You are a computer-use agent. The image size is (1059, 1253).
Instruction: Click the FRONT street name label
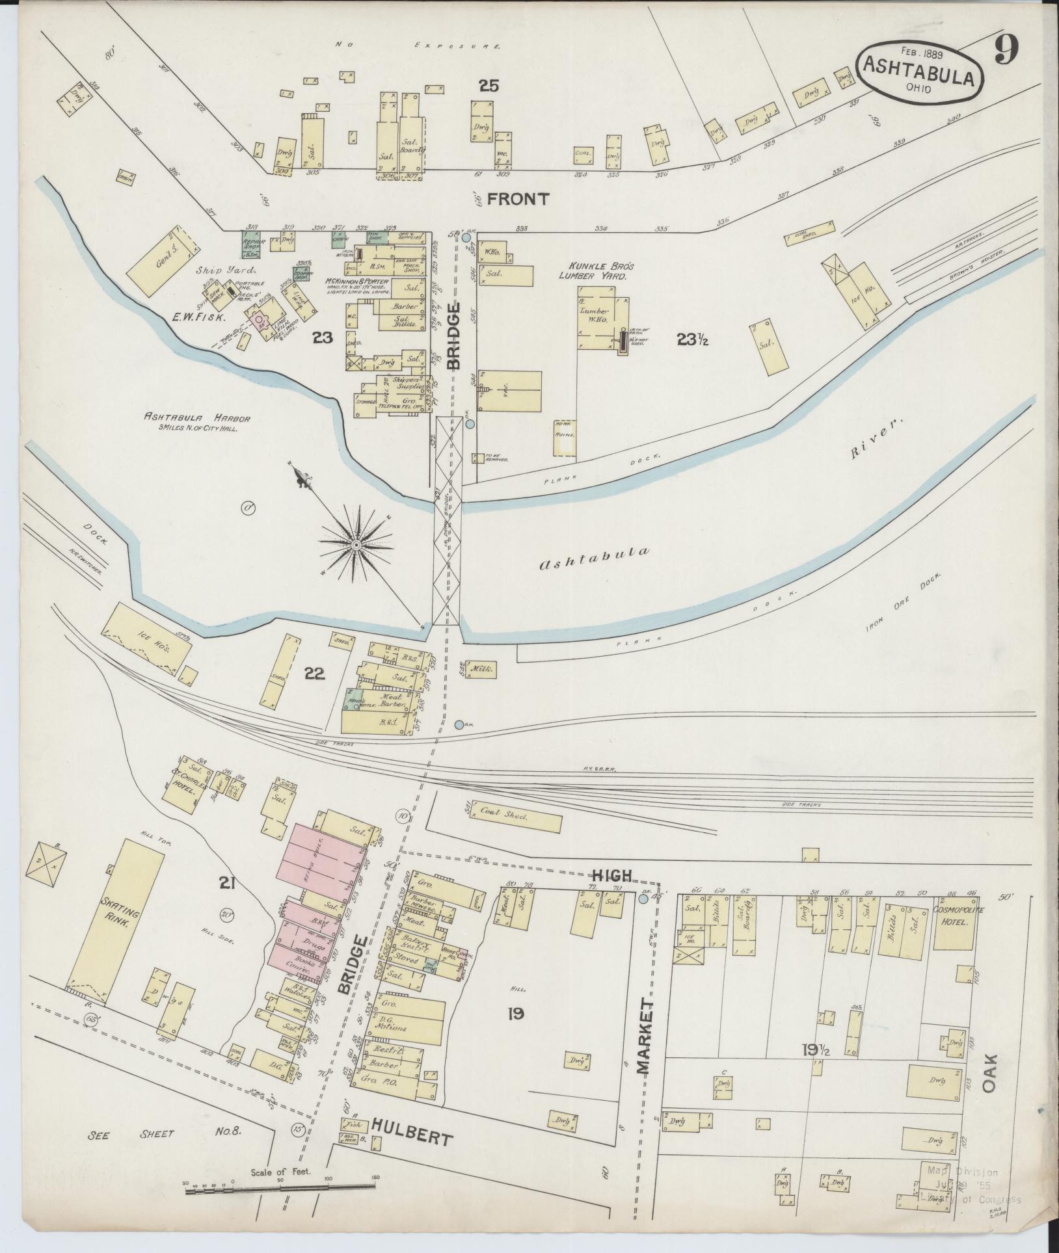(518, 199)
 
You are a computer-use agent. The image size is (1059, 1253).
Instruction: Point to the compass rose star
(356, 544)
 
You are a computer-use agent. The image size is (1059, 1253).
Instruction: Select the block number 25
(488, 85)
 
